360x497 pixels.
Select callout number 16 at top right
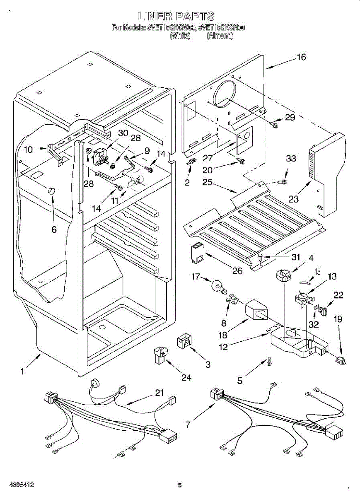coord(301,58)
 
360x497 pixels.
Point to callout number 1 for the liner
coord(22,372)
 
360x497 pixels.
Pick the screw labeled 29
coord(274,123)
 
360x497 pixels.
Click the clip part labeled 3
coord(184,340)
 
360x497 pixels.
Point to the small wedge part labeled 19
coord(341,361)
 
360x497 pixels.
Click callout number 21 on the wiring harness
coord(159,393)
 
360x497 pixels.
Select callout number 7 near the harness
coord(188,425)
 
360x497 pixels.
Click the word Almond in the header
coord(220,36)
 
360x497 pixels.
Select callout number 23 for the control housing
coord(294,199)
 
